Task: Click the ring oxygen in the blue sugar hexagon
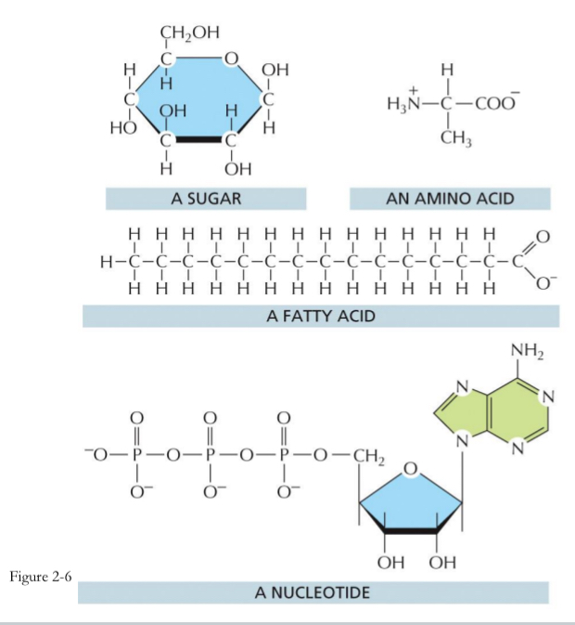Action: point(231,62)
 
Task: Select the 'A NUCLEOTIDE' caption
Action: point(320,591)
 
